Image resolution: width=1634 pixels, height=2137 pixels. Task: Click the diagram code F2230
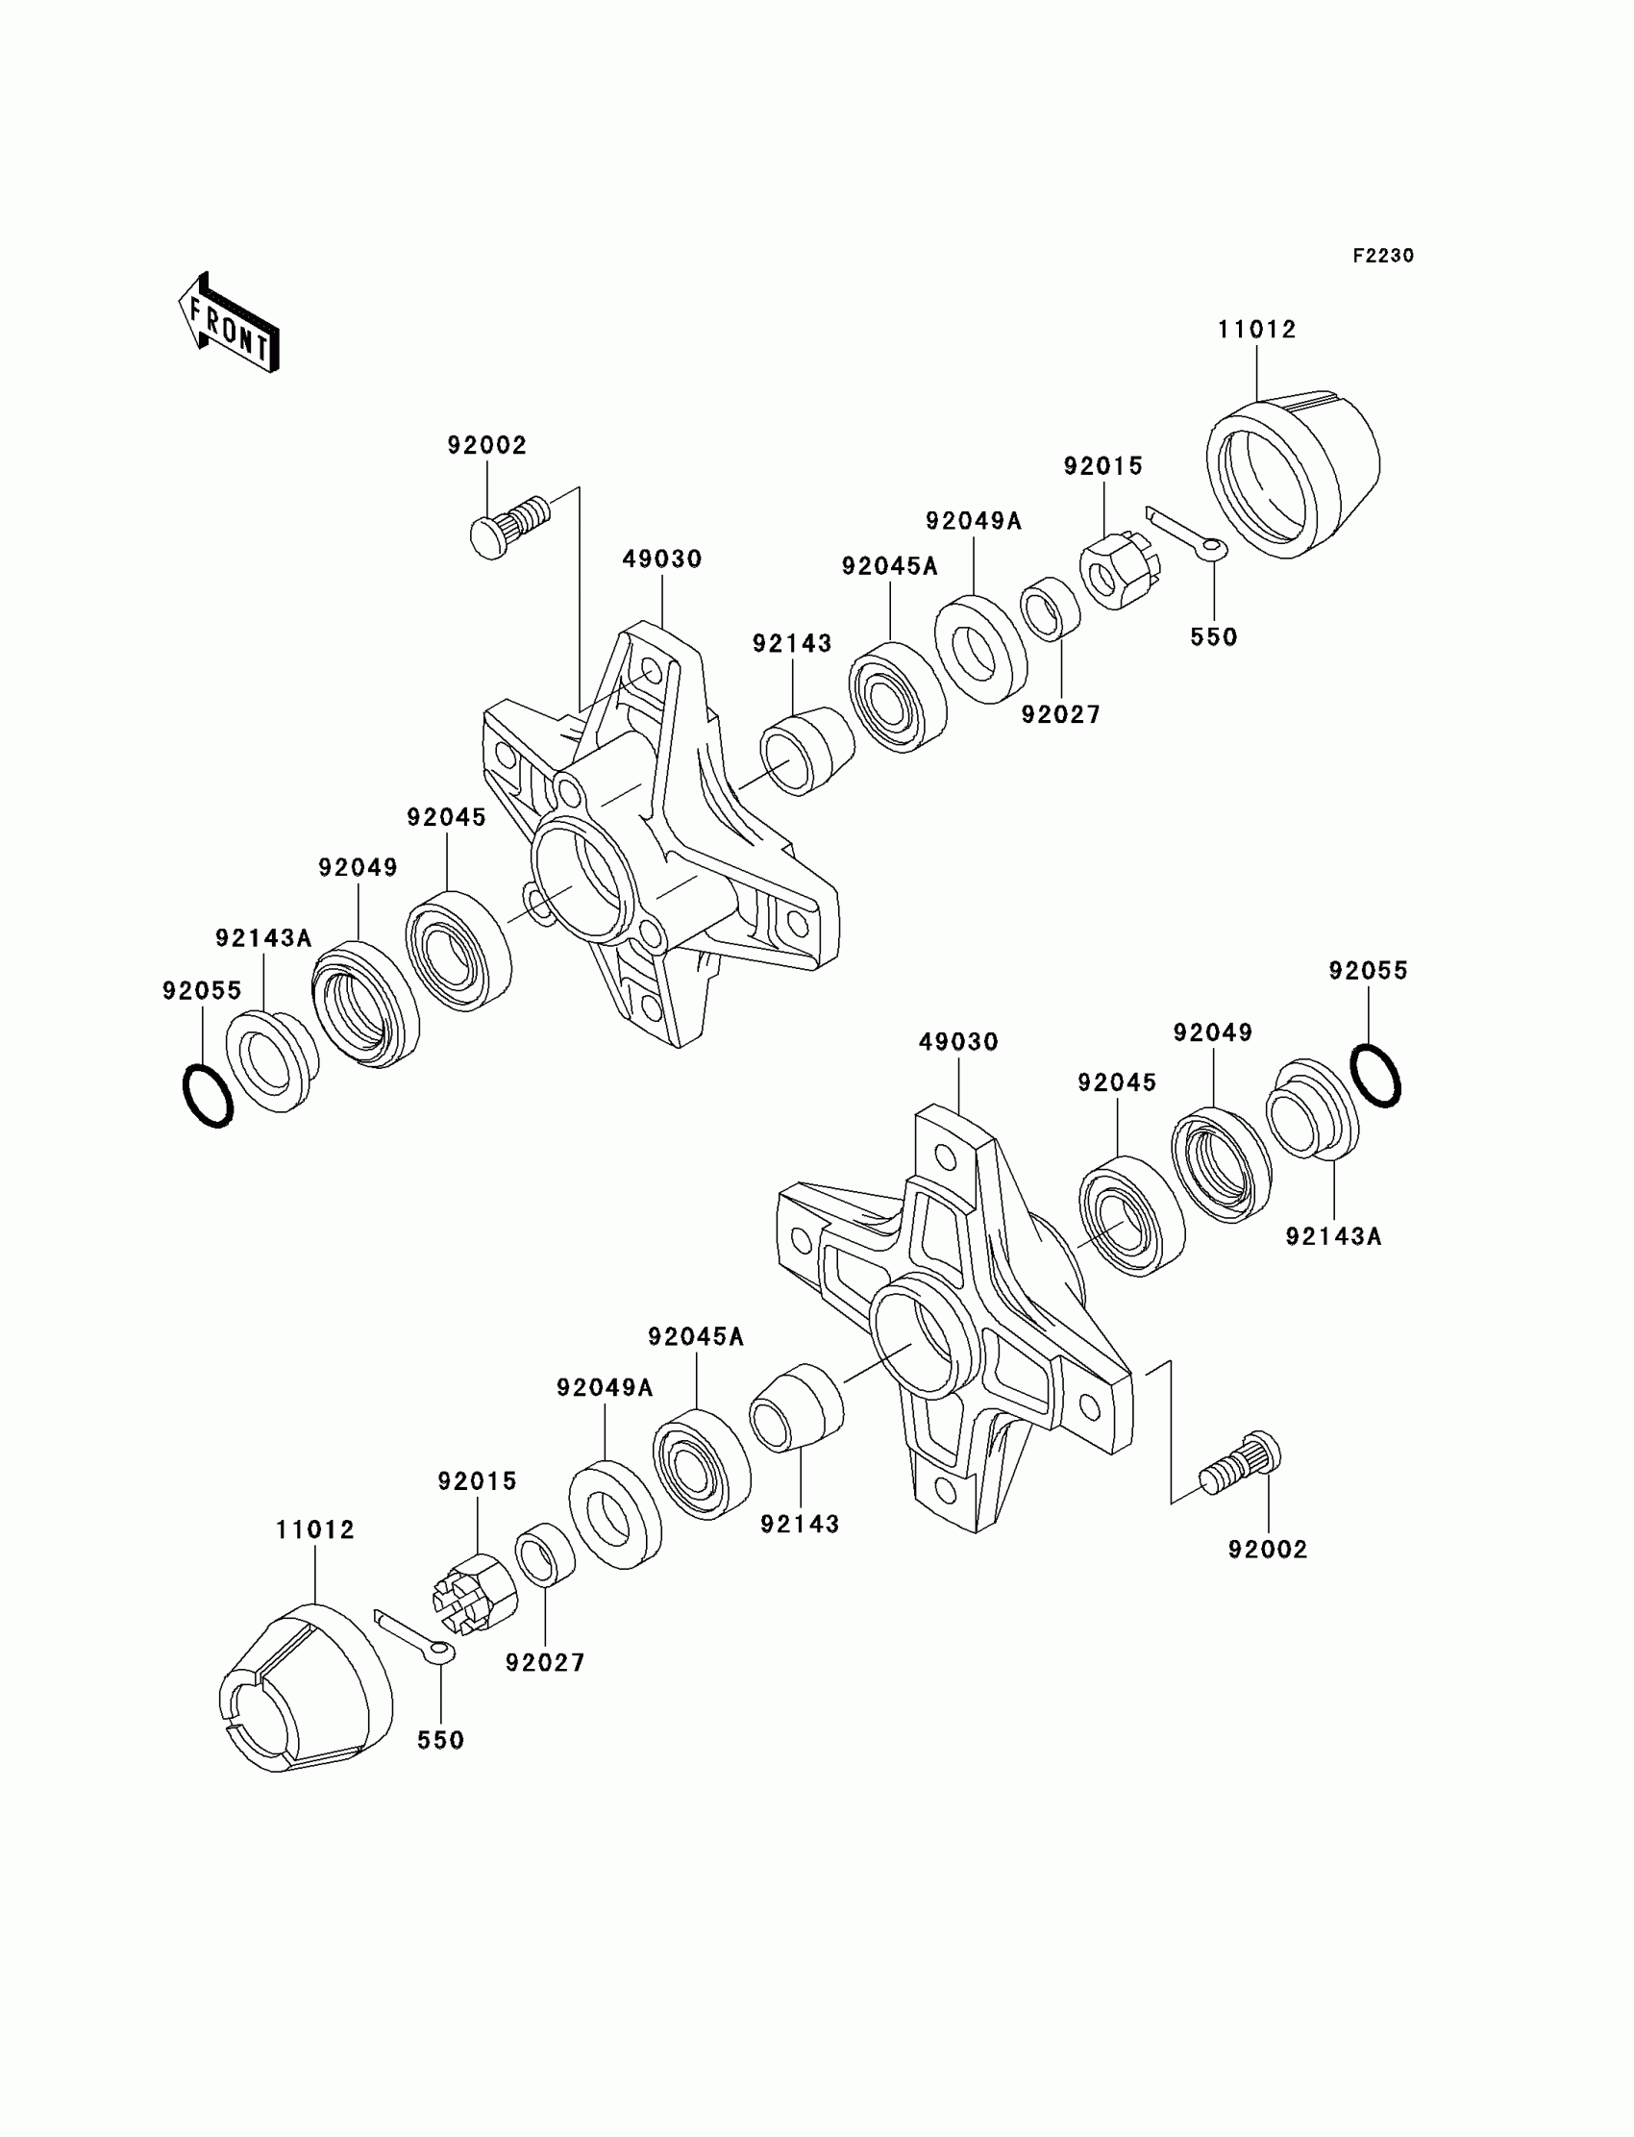(x=1383, y=256)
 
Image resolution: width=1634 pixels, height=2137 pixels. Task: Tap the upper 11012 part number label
(x=1256, y=330)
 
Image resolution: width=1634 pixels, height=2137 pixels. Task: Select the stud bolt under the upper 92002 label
(x=508, y=524)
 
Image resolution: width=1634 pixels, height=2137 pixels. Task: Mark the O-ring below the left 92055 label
(x=209, y=1095)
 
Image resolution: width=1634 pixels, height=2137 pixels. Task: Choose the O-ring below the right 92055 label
(x=1375, y=1075)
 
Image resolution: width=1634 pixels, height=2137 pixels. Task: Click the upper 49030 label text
(x=662, y=559)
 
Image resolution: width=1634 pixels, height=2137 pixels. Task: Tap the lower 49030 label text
(x=959, y=1042)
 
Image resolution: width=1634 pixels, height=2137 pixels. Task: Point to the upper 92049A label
(x=974, y=521)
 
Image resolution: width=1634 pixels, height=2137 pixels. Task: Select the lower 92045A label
(x=697, y=1337)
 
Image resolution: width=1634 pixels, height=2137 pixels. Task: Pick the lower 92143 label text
(x=800, y=1525)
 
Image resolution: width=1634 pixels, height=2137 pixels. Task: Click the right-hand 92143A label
(x=1333, y=1236)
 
